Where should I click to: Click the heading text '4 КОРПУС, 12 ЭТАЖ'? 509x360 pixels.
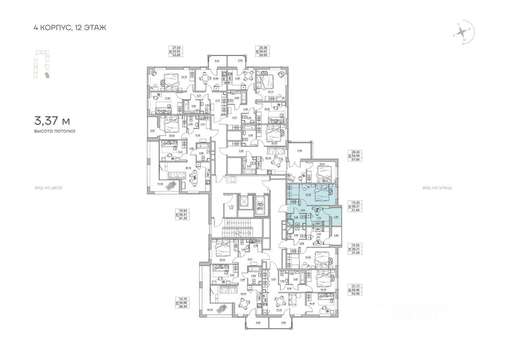point(70,28)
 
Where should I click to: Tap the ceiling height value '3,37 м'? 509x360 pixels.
point(52,120)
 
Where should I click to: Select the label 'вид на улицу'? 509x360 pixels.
point(437,187)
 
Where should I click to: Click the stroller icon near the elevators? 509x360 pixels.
point(231,206)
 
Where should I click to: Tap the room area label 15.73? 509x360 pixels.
point(184,78)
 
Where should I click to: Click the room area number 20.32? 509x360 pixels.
point(268,158)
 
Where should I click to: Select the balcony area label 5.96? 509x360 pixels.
point(300,151)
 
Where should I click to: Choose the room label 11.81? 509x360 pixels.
point(156,98)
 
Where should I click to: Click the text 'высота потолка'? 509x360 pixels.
point(54,131)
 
